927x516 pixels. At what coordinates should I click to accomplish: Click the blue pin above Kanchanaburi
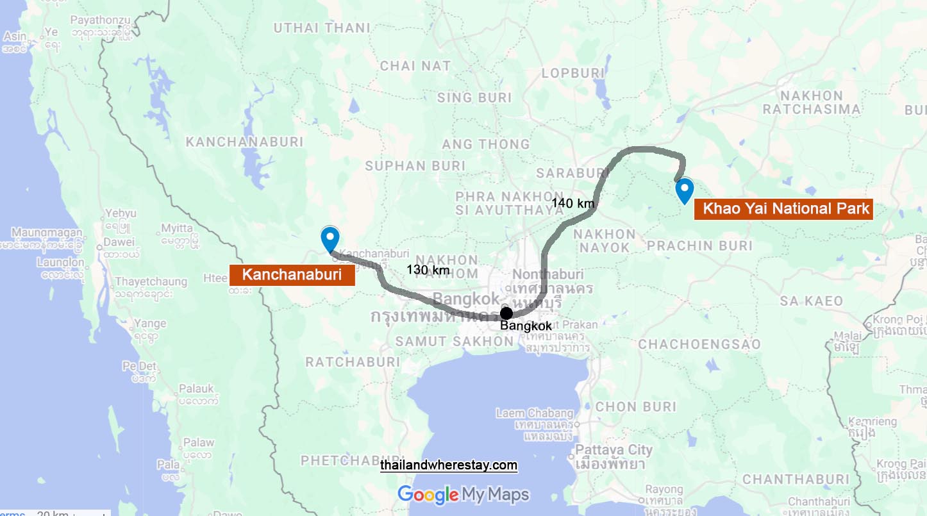click(330, 238)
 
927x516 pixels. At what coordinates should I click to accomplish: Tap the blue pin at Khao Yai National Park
click(685, 190)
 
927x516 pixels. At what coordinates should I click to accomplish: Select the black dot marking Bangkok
click(506, 313)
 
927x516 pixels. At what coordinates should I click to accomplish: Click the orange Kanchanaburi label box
click(292, 276)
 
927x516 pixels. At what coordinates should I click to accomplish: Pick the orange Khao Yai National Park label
click(783, 208)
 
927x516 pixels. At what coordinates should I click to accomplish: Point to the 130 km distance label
click(428, 270)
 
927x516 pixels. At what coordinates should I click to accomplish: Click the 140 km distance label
click(573, 204)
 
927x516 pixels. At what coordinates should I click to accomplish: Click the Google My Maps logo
click(464, 494)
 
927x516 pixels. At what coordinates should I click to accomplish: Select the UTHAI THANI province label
click(322, 28)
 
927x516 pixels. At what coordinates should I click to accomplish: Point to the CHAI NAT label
click(415, 65)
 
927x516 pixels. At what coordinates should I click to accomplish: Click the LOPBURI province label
click(573, 73)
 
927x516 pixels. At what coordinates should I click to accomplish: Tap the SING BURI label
click(474, 97)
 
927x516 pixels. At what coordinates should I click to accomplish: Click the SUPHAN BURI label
click(415, 166)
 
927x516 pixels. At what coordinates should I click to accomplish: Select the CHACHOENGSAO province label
click(699, 345)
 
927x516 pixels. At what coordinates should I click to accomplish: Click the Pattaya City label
click(614, 450)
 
